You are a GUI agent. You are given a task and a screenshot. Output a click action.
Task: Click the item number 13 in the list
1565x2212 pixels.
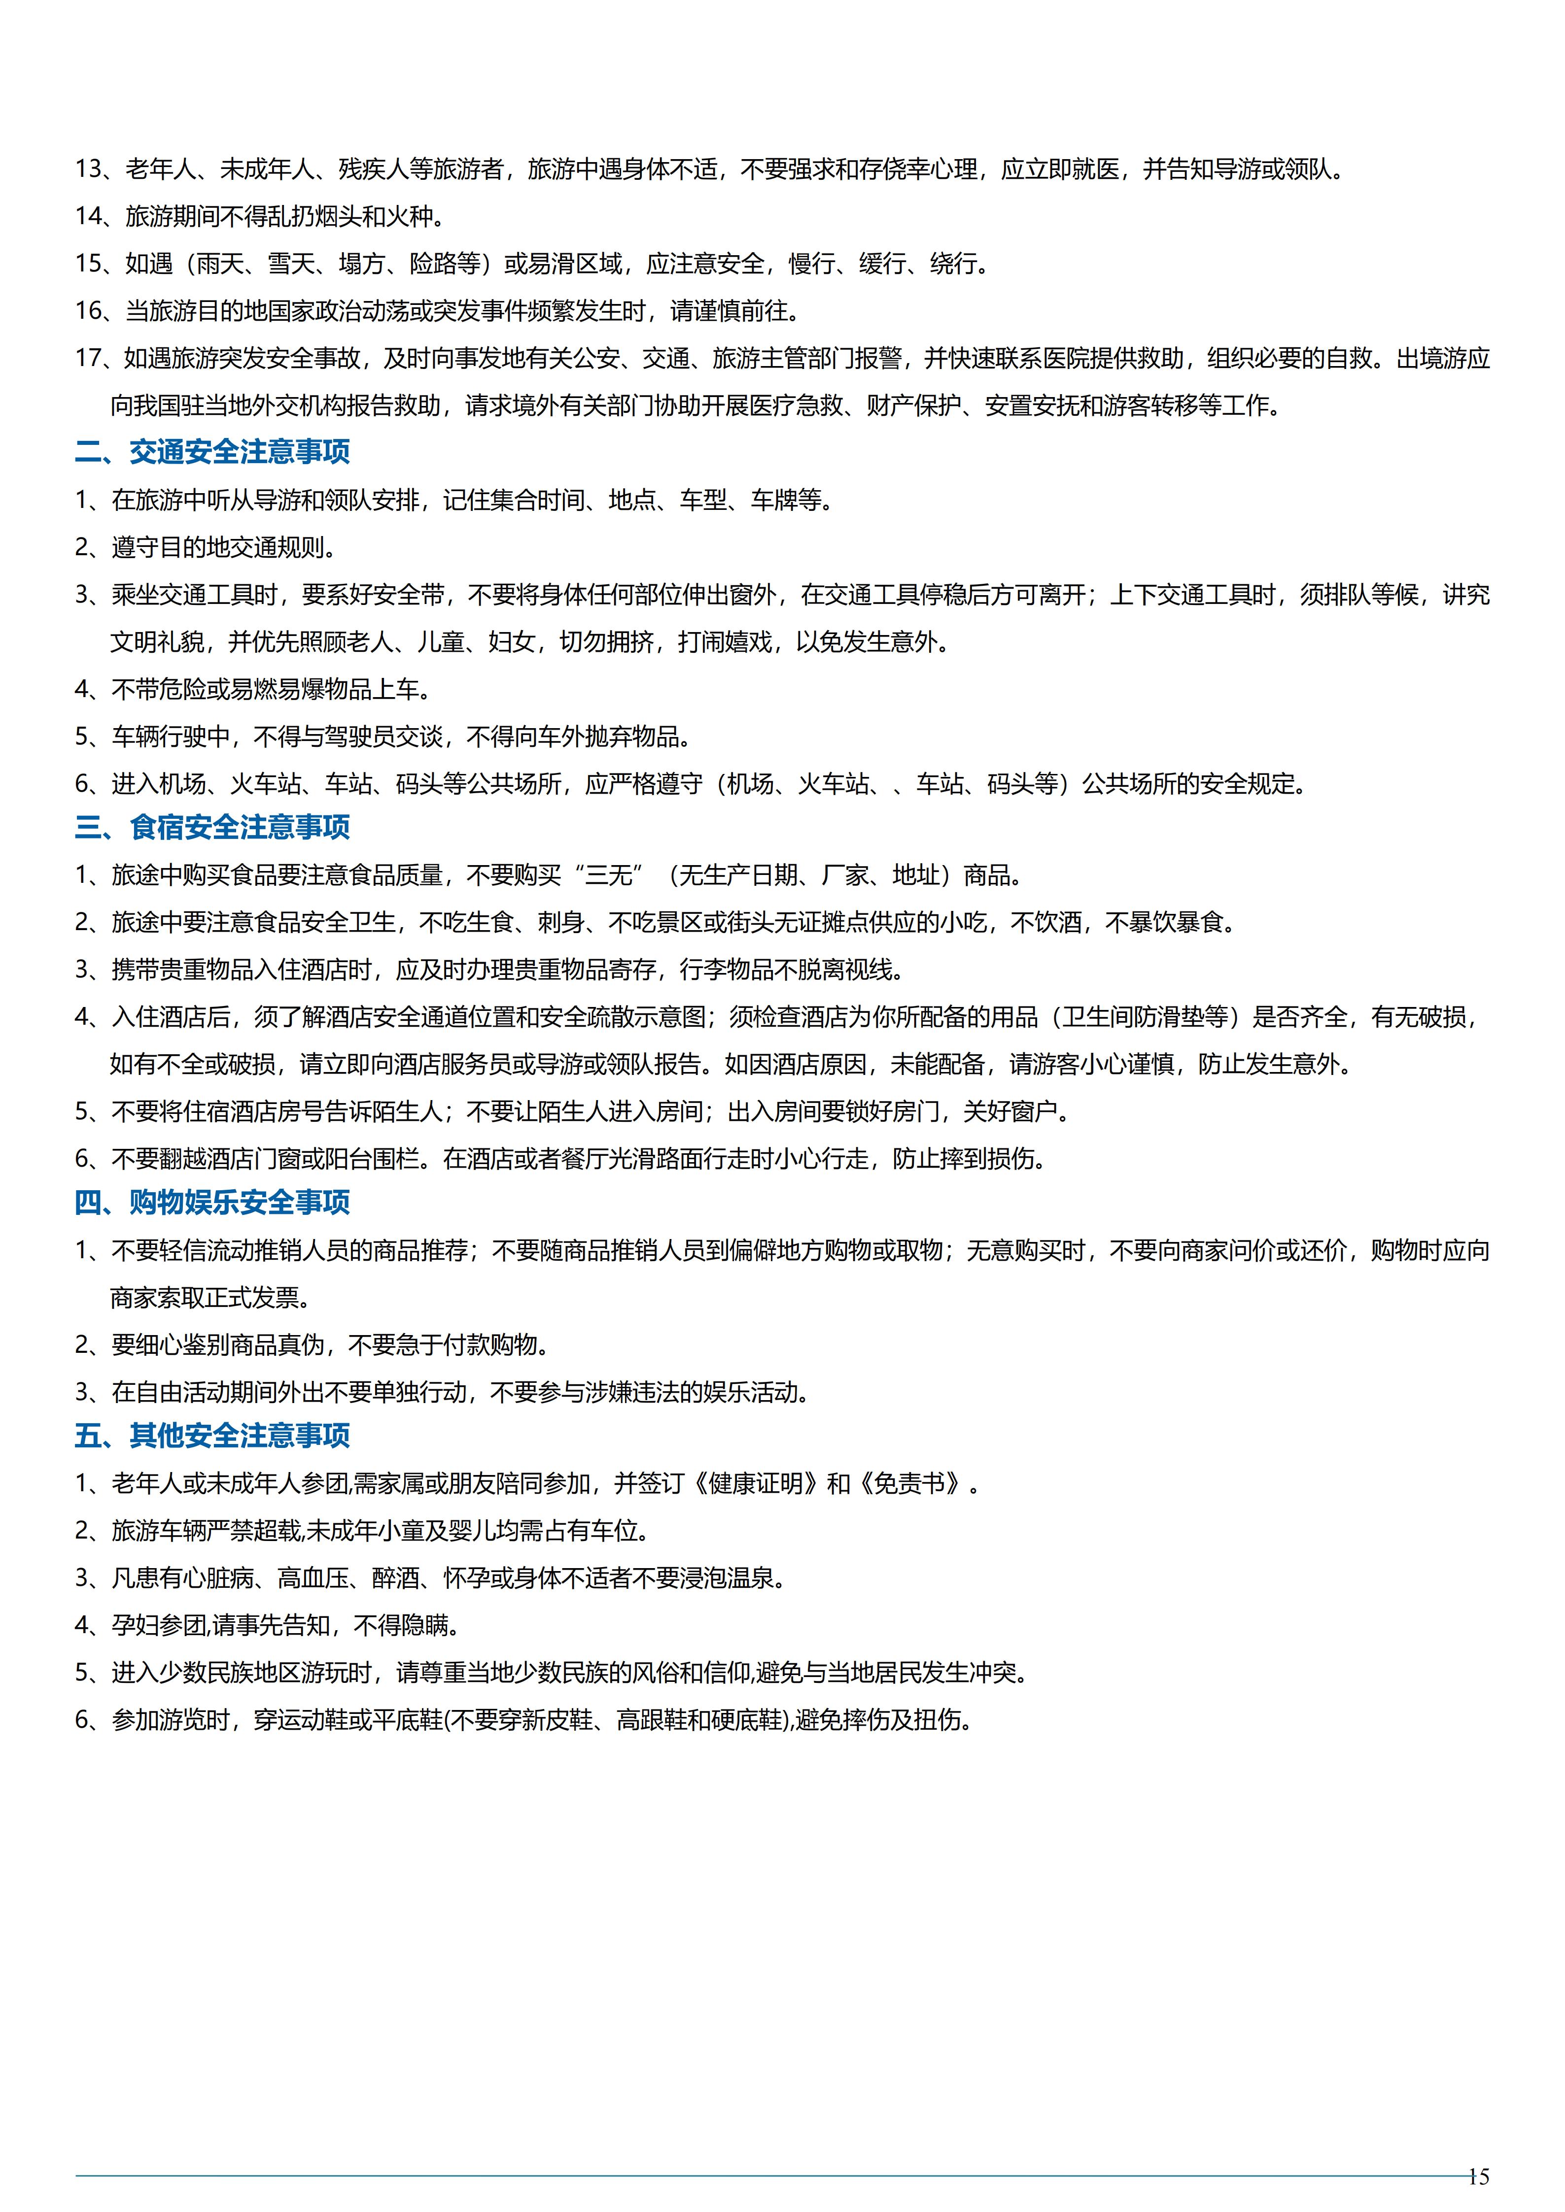click(89, 169)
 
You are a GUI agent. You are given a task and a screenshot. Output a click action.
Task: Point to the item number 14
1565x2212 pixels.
click(89, 217)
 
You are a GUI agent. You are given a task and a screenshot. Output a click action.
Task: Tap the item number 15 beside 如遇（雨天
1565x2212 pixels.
click(89, 264)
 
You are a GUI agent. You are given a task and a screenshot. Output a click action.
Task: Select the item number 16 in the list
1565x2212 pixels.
click(89, 311)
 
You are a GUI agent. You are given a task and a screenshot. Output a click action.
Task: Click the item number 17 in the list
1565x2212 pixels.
click(89, 358)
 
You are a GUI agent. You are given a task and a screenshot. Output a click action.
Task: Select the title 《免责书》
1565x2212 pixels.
click(911, 1483)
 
